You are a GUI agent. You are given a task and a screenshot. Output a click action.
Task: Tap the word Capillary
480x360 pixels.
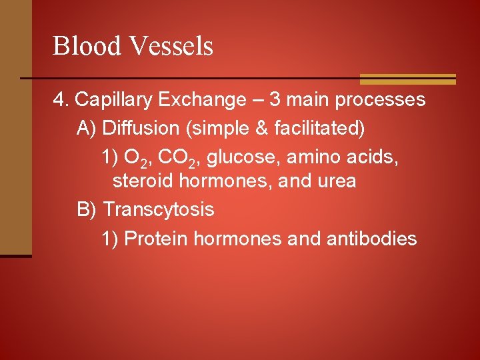pyautogui.click(x=114, y=101)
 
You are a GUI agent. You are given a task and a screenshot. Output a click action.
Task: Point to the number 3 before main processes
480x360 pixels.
pyautogui.click(x=275, y=101)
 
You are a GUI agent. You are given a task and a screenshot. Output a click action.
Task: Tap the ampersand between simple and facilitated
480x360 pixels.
pyautogui.click(x=264, y=128)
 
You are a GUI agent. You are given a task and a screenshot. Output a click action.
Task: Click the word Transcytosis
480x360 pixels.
pyautogui.click(x=159, y=210)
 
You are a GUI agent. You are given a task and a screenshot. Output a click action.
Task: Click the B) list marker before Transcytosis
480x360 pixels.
pyautogui.click(x=87, y=210)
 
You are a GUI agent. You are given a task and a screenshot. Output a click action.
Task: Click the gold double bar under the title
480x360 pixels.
pyautogui.click(x=407, y=79)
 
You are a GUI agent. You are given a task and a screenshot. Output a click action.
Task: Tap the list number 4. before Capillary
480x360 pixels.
pyautogui.click(x=61, y=101)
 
